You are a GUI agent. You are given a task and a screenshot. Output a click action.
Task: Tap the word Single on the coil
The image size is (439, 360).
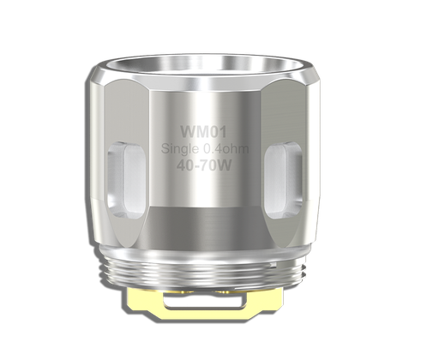click(177, 150)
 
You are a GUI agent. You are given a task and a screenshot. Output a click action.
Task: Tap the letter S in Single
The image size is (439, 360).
click(165, 150)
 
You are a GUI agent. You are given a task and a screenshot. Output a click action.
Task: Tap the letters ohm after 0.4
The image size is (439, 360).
click(235, 150)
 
